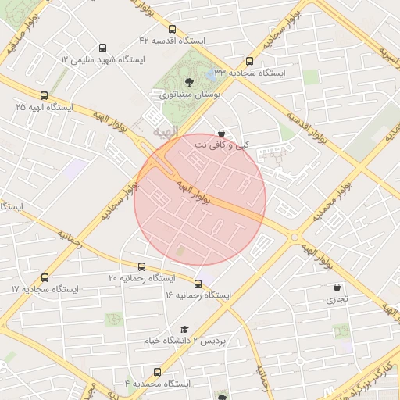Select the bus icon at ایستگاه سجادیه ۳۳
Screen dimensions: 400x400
(249, 61)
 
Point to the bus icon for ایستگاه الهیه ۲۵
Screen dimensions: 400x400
(43, 95)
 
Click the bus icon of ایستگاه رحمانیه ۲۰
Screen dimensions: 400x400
(141, 266)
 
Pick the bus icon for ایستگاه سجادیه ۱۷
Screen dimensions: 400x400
(45, 277)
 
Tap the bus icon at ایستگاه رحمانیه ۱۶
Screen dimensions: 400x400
(198, 284)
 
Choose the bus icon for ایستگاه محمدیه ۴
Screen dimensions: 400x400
(157, 372)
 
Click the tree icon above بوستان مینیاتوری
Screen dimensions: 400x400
(188, 81)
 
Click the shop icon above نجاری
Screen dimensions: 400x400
(337, 287)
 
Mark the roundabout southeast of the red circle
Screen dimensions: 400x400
(295, 237)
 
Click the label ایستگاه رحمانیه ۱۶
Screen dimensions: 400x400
(198, 296)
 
